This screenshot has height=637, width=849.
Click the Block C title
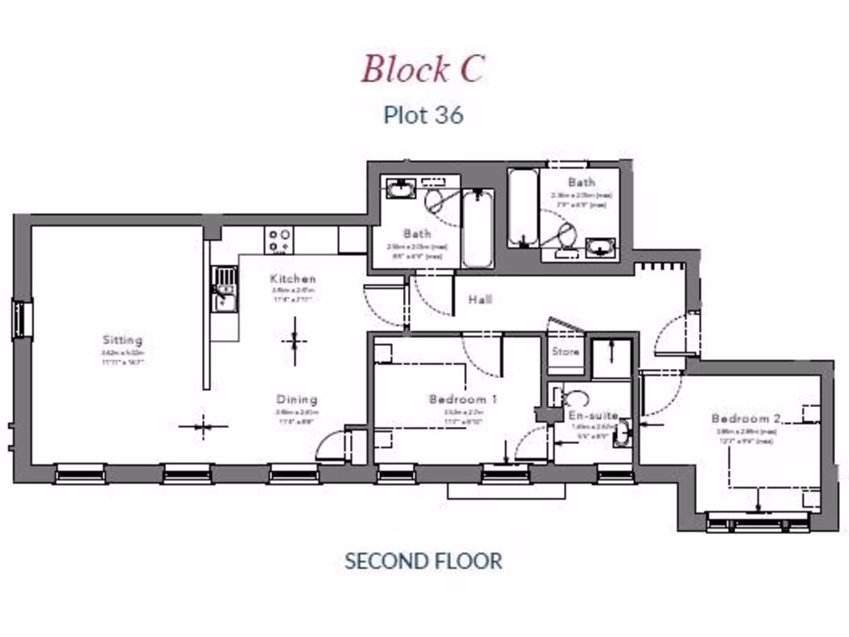pyautogui.click(x=422, y=69)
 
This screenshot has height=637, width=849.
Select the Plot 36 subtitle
pyautogui.click(x=423, y=114)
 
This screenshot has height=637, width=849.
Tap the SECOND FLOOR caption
pyautogui.click(x=423, y=561)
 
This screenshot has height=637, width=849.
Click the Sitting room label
pyautogui.click(x=123, y=340)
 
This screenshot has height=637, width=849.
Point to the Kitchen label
pyautogui.click(x=293, y=279)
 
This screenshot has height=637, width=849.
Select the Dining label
pyautogui.click(x=297, y=399)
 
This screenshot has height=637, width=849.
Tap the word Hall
pyautogui.click(x=479, y=299)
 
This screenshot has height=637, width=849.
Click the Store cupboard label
pyautogui.click(x=565, y=352)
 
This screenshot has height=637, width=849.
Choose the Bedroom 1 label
pyautogui.click(x=463, y=400)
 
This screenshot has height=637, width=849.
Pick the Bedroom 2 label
pyautogui.click(x=745, y=419)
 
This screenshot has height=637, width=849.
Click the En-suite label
pyautogui.click(x=593, y=416)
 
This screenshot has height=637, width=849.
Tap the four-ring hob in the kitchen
pyautogui.click(x=279, y=241)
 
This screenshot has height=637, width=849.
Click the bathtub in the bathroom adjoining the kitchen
pyautogui.click(x=478, y=228)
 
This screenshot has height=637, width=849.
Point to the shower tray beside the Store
pyautogui.click(x=611, y=358)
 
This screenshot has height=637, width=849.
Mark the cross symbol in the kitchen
pyautogui.click(x=294, y=341)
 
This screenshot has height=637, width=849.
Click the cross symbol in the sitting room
pyautogui.click(x=203, y=427)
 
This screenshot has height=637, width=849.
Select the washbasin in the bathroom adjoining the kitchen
pyautogui.click(x=400, y=189)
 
